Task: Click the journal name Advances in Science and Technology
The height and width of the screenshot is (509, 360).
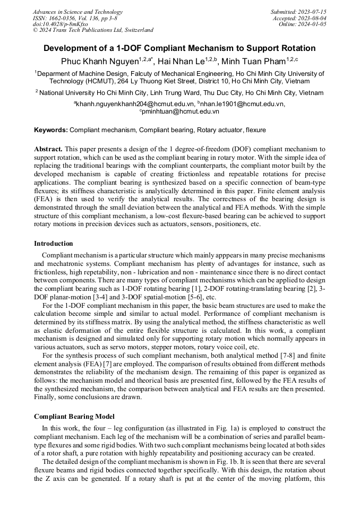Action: (78, 12)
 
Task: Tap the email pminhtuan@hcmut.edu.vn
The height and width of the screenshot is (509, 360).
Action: (181, 111)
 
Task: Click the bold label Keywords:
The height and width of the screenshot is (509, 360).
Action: (51, 130)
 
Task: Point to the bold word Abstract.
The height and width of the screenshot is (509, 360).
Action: (48, 150)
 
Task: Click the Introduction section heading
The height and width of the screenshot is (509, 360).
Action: (54, 244)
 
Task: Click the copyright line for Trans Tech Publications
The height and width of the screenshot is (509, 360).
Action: (93, 30)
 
